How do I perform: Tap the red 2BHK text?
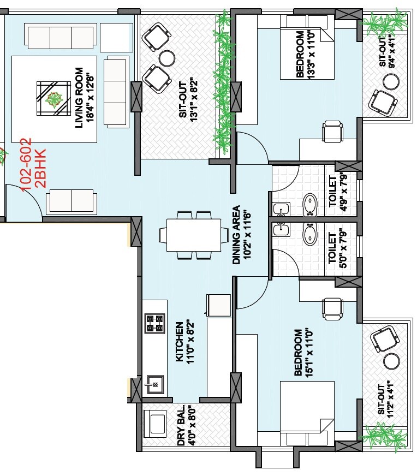pos(40,168)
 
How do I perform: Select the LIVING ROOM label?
pos(79,98)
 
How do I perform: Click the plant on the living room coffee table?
pos(54,99)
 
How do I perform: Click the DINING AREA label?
pos(236,235)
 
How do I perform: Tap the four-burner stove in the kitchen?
pos(154,323)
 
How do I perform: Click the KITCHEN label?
pos(179,342)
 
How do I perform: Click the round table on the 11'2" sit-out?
pos(391,361)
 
